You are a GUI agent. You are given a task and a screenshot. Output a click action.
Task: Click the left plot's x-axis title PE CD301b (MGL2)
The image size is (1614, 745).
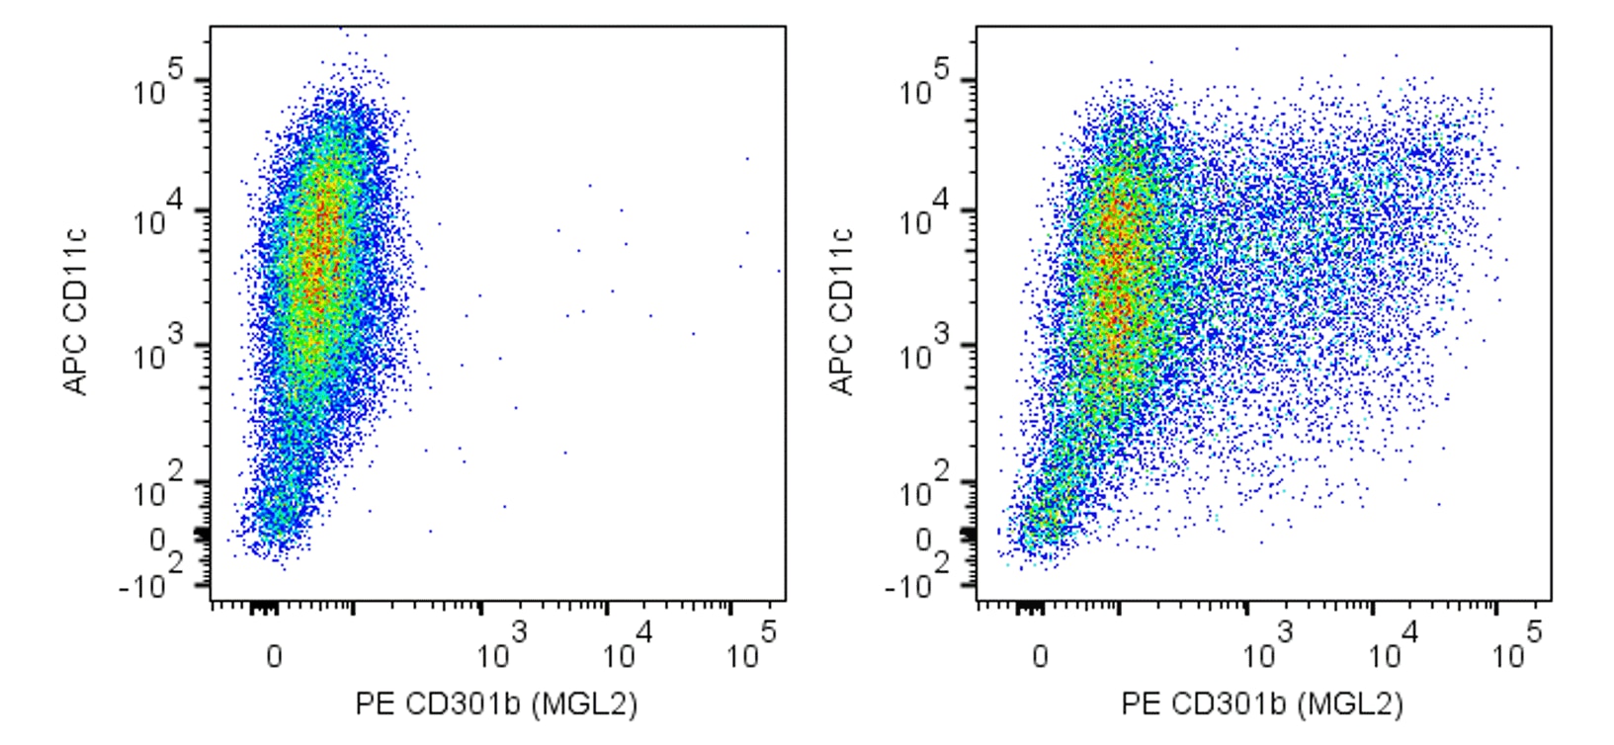pos(496,704)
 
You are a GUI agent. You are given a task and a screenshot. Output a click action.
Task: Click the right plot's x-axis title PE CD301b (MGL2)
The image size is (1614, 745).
pos(1262,704)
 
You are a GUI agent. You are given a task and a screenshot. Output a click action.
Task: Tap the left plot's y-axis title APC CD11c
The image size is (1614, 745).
pos(76,312)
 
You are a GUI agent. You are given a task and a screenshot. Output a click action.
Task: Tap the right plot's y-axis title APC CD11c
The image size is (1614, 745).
pos(842,312)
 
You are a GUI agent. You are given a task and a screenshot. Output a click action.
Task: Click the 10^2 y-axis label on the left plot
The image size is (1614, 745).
pos(158,487)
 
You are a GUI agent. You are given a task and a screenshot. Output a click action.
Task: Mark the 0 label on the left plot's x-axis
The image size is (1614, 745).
pos(274,656)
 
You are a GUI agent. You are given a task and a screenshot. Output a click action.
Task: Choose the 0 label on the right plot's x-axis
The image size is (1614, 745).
pos(1040,656)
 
